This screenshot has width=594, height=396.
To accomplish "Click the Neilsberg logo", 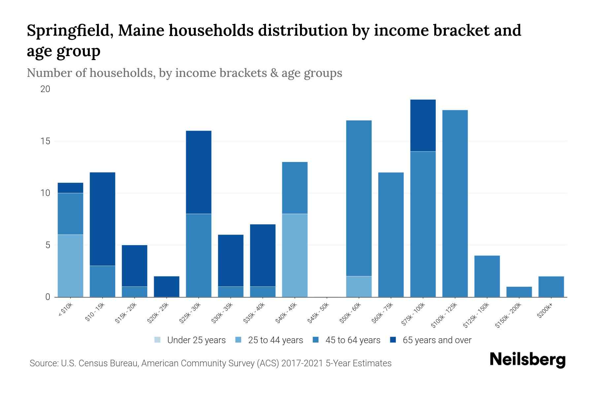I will [x=527, y=360].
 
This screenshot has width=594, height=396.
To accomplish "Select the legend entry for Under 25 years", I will [x=190, y=340].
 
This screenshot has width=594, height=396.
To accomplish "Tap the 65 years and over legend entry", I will [x=431, y=340].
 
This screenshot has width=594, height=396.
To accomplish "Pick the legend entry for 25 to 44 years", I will [x=269, y=340].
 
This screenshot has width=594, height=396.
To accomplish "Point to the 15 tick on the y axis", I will [x=45, y=141].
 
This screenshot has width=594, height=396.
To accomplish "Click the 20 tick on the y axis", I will [x=45, y=89].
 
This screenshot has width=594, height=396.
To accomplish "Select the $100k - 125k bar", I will [x=455, y=204].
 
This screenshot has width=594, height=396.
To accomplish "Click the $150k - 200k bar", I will [x=519, y=292].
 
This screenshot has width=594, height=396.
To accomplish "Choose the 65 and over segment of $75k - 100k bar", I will [x=423, y=125].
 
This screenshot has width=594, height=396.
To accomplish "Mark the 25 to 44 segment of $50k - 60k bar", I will [x=359, y=286].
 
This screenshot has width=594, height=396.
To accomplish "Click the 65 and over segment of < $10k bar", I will [x=70, y=188].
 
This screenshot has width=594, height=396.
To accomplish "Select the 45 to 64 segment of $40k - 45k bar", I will [x=295, y=188].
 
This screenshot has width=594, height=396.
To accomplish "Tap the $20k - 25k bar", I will [x=167, y=286].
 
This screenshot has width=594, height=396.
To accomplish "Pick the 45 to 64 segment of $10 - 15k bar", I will [x=102, y=281].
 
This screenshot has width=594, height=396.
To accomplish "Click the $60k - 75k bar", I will [x=391, y=235].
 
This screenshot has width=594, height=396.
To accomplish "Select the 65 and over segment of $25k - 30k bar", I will [x=199, y=172].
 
